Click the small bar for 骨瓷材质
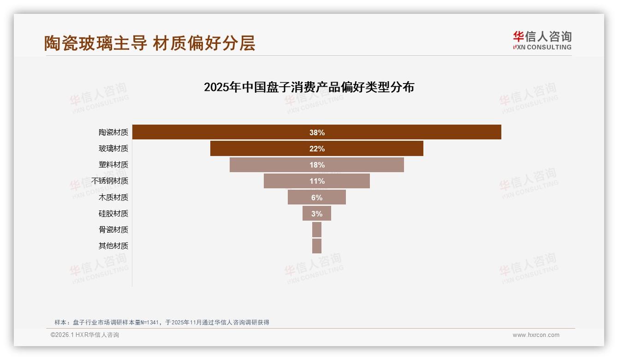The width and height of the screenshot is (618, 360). [316, 229]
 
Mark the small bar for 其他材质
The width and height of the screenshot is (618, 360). [316, 246]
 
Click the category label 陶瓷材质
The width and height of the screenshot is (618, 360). [113, 132]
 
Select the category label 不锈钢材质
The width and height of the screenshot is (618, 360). [110, 181]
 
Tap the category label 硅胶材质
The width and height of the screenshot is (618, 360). [113, 213]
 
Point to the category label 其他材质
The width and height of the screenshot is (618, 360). [113, 246]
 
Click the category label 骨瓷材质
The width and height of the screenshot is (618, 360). [113, 229]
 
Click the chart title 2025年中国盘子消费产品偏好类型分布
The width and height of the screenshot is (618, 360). [309, 87]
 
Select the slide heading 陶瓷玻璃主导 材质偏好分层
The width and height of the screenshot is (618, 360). [149, 43]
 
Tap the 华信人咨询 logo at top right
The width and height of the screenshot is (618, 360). [542, 40]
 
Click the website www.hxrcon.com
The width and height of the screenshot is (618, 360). [535, 335]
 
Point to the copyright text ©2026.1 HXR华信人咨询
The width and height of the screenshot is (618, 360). [84, 335]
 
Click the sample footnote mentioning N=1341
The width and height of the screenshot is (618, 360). [161, 322]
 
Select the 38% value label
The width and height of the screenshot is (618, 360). [317, 132]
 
